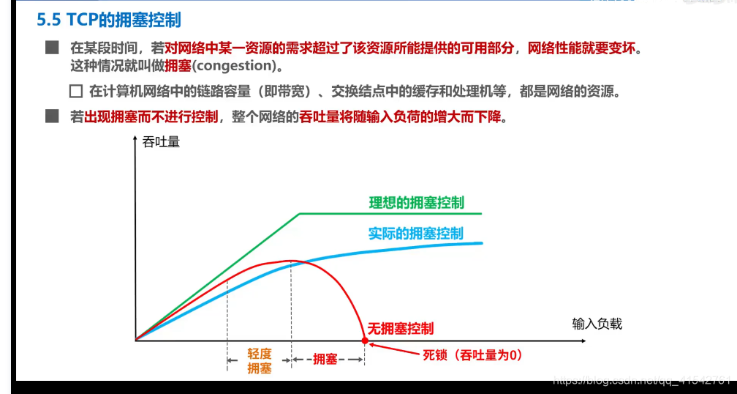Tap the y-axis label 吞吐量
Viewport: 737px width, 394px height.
161,141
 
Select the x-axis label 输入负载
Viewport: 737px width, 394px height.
597,323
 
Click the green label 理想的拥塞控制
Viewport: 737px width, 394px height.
416,202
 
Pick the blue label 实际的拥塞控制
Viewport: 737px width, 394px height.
415,233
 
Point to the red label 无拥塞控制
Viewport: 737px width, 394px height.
400,329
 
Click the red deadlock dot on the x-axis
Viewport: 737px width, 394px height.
365,341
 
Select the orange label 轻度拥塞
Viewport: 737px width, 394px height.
259,361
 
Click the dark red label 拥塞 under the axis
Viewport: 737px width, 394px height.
325,359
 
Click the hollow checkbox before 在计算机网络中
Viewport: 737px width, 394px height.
75,92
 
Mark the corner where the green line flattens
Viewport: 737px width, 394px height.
300,214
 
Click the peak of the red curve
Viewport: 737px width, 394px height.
291,261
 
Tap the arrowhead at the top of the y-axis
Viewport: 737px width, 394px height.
135,140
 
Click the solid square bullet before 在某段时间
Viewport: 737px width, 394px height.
51,48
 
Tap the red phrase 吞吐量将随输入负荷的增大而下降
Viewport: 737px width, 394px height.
402,116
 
